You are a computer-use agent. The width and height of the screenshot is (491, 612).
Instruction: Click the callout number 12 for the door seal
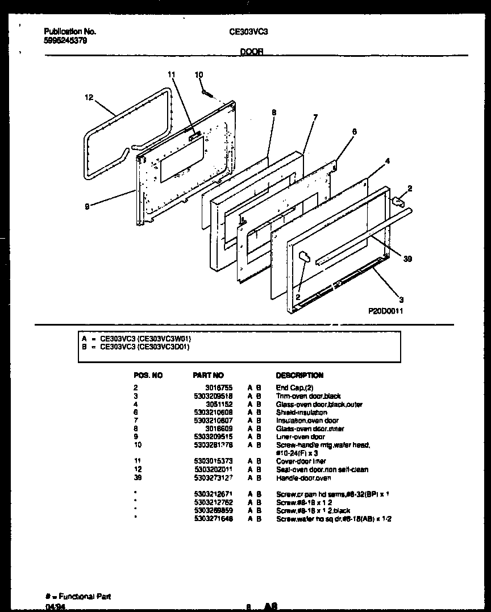click(88, 98)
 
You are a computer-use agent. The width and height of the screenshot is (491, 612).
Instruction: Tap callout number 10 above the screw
click(199, 74)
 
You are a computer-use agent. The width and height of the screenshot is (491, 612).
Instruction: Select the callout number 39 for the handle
click(407, 259)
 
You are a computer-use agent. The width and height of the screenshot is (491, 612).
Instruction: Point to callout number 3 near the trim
click(401, 299)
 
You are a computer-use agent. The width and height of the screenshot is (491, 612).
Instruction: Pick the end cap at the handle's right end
click(398, 200)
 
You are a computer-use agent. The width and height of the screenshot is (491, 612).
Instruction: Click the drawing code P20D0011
click(385, 311)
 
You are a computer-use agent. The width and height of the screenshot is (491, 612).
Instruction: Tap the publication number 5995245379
click(65, 40)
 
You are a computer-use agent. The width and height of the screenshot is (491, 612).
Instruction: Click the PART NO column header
click(209, 376)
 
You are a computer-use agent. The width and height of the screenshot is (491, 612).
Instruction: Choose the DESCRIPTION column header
click(299, 376)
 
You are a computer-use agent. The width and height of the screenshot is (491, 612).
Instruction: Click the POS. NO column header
click(148, 376)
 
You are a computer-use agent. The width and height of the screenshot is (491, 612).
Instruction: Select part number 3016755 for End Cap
click(213, 388)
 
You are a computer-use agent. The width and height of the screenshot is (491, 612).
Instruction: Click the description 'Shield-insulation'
click(301, 413)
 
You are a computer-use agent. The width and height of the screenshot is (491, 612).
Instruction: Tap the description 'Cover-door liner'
click(301, 461)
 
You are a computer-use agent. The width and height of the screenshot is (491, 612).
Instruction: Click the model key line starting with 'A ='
click(140, 338)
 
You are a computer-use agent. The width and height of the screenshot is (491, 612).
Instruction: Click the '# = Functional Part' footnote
click(77, 597)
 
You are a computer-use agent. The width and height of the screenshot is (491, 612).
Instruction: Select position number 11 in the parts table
click(136, 461)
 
